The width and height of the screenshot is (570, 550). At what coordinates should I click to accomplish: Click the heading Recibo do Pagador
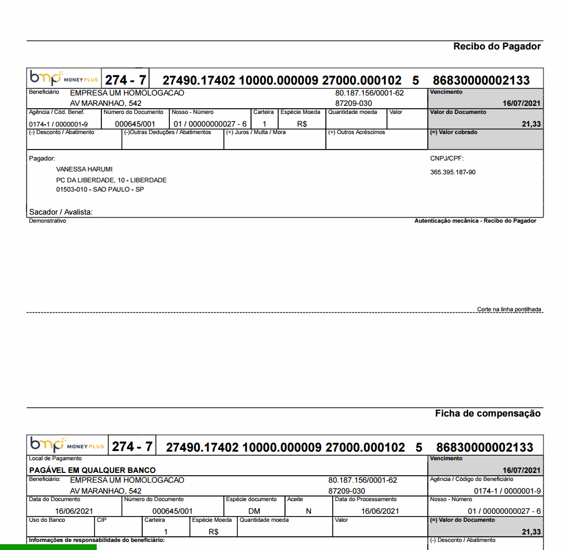pos(497,47)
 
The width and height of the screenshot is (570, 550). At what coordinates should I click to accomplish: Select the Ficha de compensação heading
pos(488,414)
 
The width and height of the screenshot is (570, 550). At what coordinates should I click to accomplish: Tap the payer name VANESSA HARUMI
pos(85,169)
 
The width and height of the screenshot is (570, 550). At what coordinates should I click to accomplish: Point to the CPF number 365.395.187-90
pos(453,172)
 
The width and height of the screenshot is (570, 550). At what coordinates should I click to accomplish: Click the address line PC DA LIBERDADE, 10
pos(111,180)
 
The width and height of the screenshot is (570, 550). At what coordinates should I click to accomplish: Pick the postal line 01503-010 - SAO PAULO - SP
pos(100,189)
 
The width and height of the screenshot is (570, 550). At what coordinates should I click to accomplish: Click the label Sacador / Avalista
pos(60,212)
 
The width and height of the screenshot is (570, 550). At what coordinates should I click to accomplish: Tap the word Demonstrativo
pos(47,220)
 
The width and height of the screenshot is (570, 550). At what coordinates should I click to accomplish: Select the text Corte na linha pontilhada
pos(509,310)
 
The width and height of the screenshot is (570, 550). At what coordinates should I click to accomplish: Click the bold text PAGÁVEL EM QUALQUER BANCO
pos(92,470)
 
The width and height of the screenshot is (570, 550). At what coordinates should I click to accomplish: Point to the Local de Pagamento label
pos(55,459)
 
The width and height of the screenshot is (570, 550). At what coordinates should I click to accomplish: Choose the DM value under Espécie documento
pos(254,511)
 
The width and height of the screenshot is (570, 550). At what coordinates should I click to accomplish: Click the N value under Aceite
pos(309,511)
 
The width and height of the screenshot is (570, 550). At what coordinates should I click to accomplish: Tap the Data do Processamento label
pos(366,499)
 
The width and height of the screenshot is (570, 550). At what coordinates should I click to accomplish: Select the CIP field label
pos(102,520)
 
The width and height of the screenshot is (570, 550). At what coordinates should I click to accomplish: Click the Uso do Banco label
pos(47,520)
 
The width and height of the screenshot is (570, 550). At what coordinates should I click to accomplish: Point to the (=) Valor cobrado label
pos(454,132)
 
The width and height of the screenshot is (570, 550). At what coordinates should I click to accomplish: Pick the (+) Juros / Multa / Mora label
pos(256,132)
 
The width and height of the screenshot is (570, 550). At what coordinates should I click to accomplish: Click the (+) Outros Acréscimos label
pos(356,132)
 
